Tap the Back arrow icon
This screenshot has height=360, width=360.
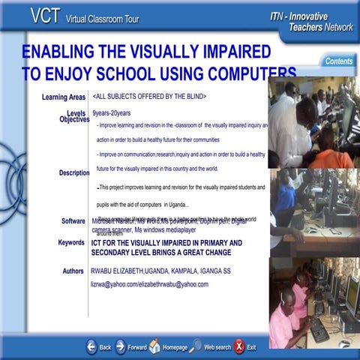click(91, 346)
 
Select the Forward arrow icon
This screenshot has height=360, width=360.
click(120, 346)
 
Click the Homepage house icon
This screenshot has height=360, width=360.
click(154, 346)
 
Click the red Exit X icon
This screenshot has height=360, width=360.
click(238, 346)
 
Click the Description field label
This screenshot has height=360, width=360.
click(74, 173)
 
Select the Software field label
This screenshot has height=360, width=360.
click(73, 221)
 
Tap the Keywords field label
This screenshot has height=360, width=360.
click(71, 243)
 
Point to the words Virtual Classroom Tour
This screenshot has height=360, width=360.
click(100, 18)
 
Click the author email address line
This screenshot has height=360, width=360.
click(149, 285)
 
